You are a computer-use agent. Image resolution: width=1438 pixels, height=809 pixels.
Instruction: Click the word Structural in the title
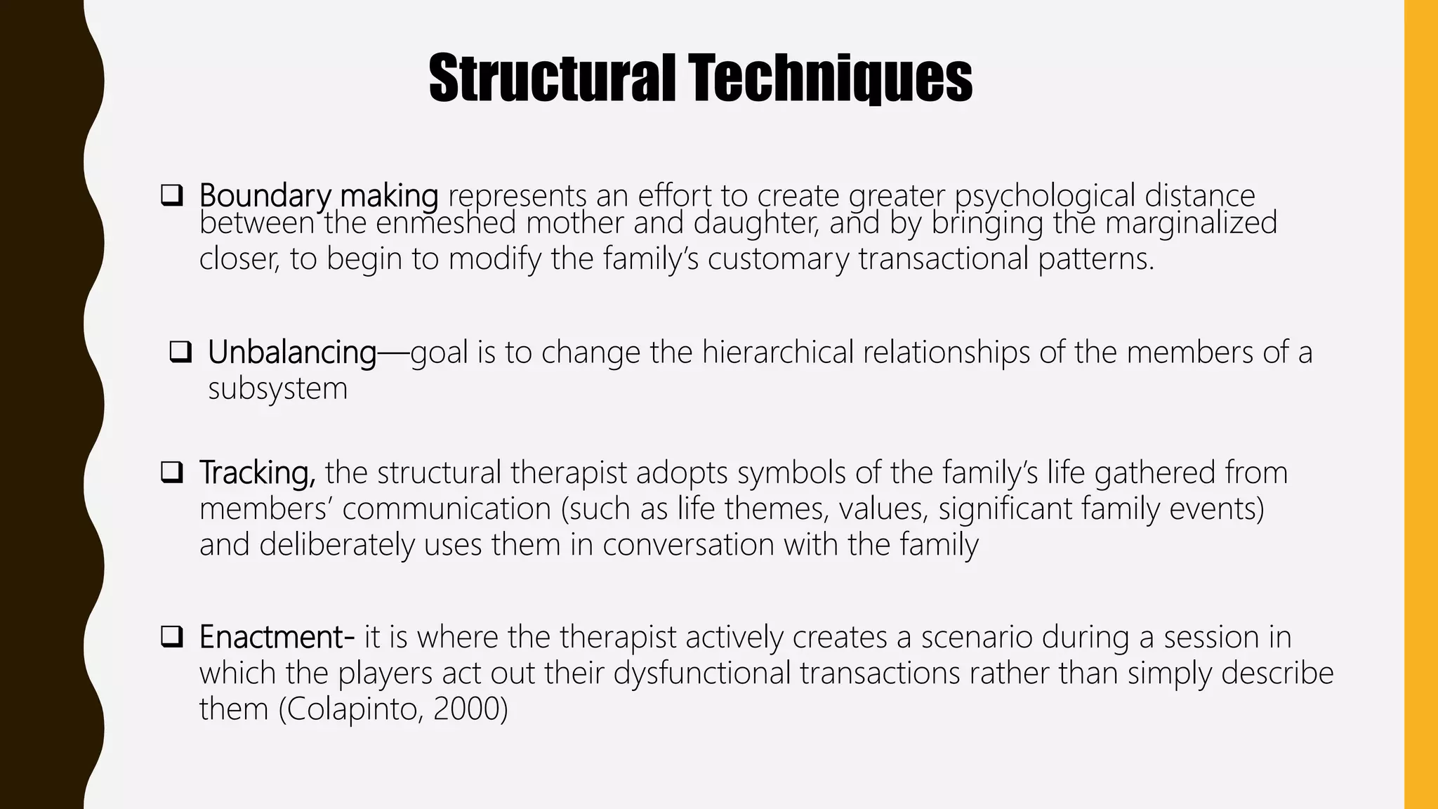(551, 79)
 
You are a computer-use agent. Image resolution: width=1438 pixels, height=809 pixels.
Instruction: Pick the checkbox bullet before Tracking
(171, 472)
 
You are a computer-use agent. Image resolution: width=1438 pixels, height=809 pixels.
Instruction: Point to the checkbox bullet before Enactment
(171, 637)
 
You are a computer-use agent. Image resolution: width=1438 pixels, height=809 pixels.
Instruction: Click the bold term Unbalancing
(292, 353)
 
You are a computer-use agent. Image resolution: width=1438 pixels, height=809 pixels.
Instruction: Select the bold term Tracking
(257, 473)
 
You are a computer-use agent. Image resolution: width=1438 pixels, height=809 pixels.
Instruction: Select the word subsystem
(277, 388)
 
